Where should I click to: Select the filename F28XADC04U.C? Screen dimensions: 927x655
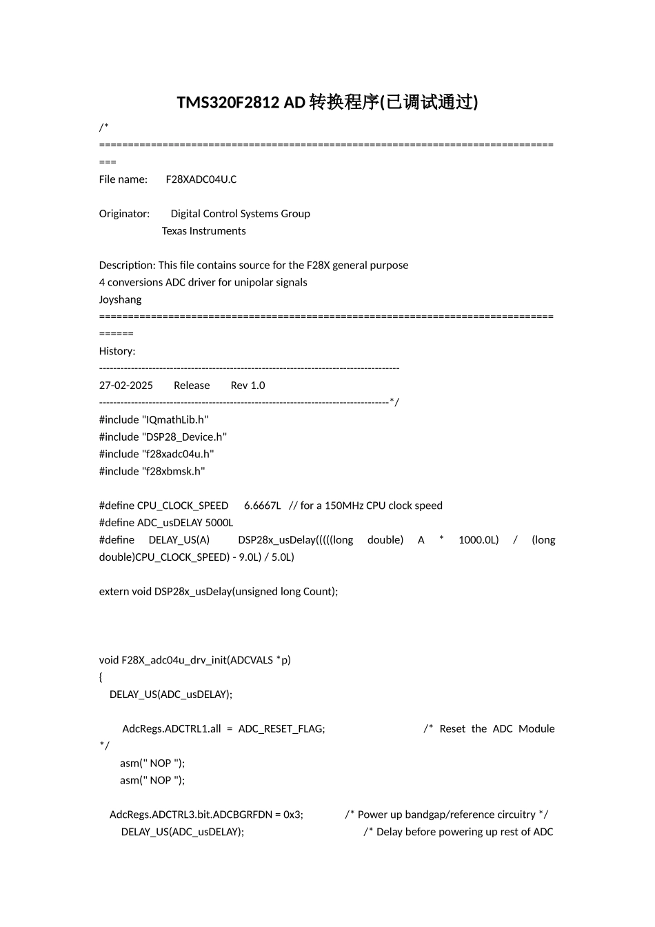201,179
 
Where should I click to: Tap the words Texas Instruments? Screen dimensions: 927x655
203,231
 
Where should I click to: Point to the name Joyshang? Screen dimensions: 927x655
120,299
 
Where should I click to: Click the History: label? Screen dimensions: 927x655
117,351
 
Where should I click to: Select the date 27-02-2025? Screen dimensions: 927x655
126,386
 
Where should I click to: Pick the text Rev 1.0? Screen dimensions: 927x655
248,386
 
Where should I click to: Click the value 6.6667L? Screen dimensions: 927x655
262,506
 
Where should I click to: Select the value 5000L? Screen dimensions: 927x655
219,523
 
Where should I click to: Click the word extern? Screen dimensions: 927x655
114,591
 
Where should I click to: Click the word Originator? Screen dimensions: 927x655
124,214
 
